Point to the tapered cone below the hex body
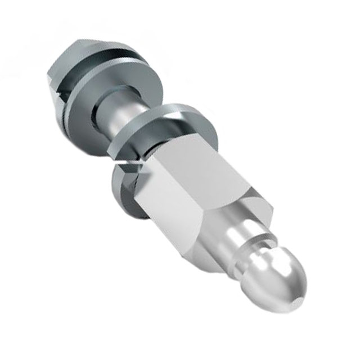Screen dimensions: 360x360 click(x=225, y=225)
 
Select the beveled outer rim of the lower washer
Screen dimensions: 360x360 click(x=186, y=112)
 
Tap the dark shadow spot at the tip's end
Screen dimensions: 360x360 click(x=301, y=292)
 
